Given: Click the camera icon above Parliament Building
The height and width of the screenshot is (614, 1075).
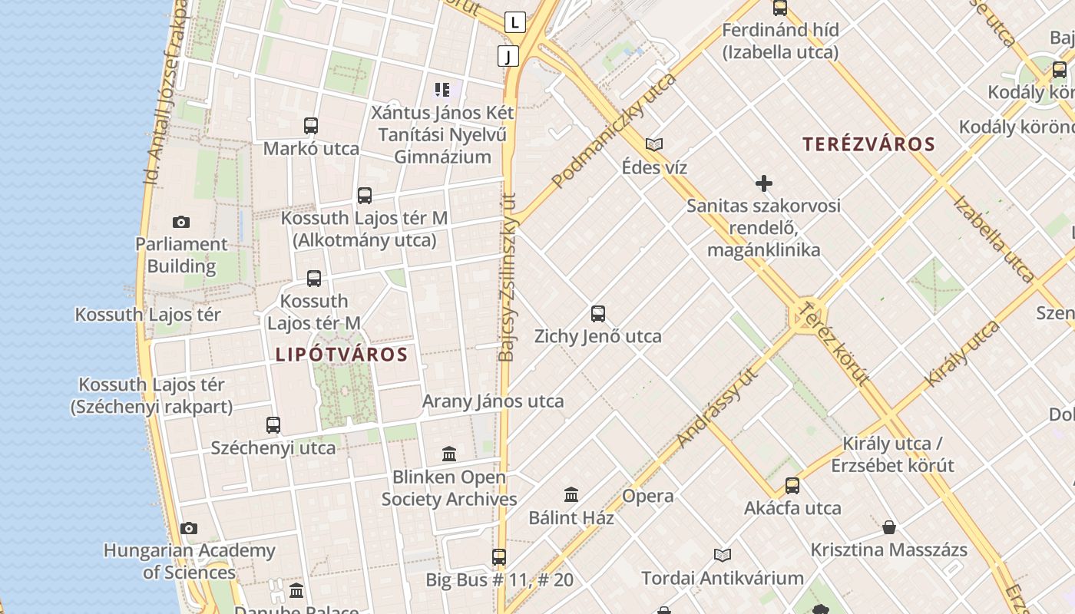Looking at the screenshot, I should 180,223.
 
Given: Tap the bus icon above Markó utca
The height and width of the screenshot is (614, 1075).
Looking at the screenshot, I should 311,126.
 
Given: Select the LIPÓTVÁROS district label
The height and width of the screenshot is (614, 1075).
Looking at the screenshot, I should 341,355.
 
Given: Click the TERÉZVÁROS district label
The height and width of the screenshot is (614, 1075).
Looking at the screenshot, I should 868,144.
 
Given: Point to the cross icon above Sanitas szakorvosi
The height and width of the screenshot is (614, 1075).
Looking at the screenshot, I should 764,183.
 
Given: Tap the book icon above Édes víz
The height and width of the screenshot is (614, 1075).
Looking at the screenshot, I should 654,144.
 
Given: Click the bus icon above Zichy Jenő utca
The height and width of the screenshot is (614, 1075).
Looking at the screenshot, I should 598,313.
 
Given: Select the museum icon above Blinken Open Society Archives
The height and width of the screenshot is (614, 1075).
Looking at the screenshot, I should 449,454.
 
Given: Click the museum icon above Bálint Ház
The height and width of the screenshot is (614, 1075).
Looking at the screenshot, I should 571,494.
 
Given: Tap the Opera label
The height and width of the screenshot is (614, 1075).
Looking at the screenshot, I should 648,496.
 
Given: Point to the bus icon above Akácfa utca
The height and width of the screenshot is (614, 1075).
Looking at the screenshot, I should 792,485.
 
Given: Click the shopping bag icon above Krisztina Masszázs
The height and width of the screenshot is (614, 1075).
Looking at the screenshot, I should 889,527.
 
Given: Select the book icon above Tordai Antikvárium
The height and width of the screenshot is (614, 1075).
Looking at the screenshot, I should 723,555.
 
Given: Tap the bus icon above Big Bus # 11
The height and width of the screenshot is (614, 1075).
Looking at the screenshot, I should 499,557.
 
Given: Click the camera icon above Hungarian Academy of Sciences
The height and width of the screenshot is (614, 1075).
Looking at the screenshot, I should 189,528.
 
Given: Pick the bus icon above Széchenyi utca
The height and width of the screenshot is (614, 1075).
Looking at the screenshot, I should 273,424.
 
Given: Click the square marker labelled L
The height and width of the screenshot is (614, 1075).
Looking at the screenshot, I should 515,22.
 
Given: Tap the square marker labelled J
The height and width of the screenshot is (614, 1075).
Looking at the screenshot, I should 508,55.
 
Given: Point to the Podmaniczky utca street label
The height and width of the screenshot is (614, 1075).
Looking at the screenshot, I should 614,130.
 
